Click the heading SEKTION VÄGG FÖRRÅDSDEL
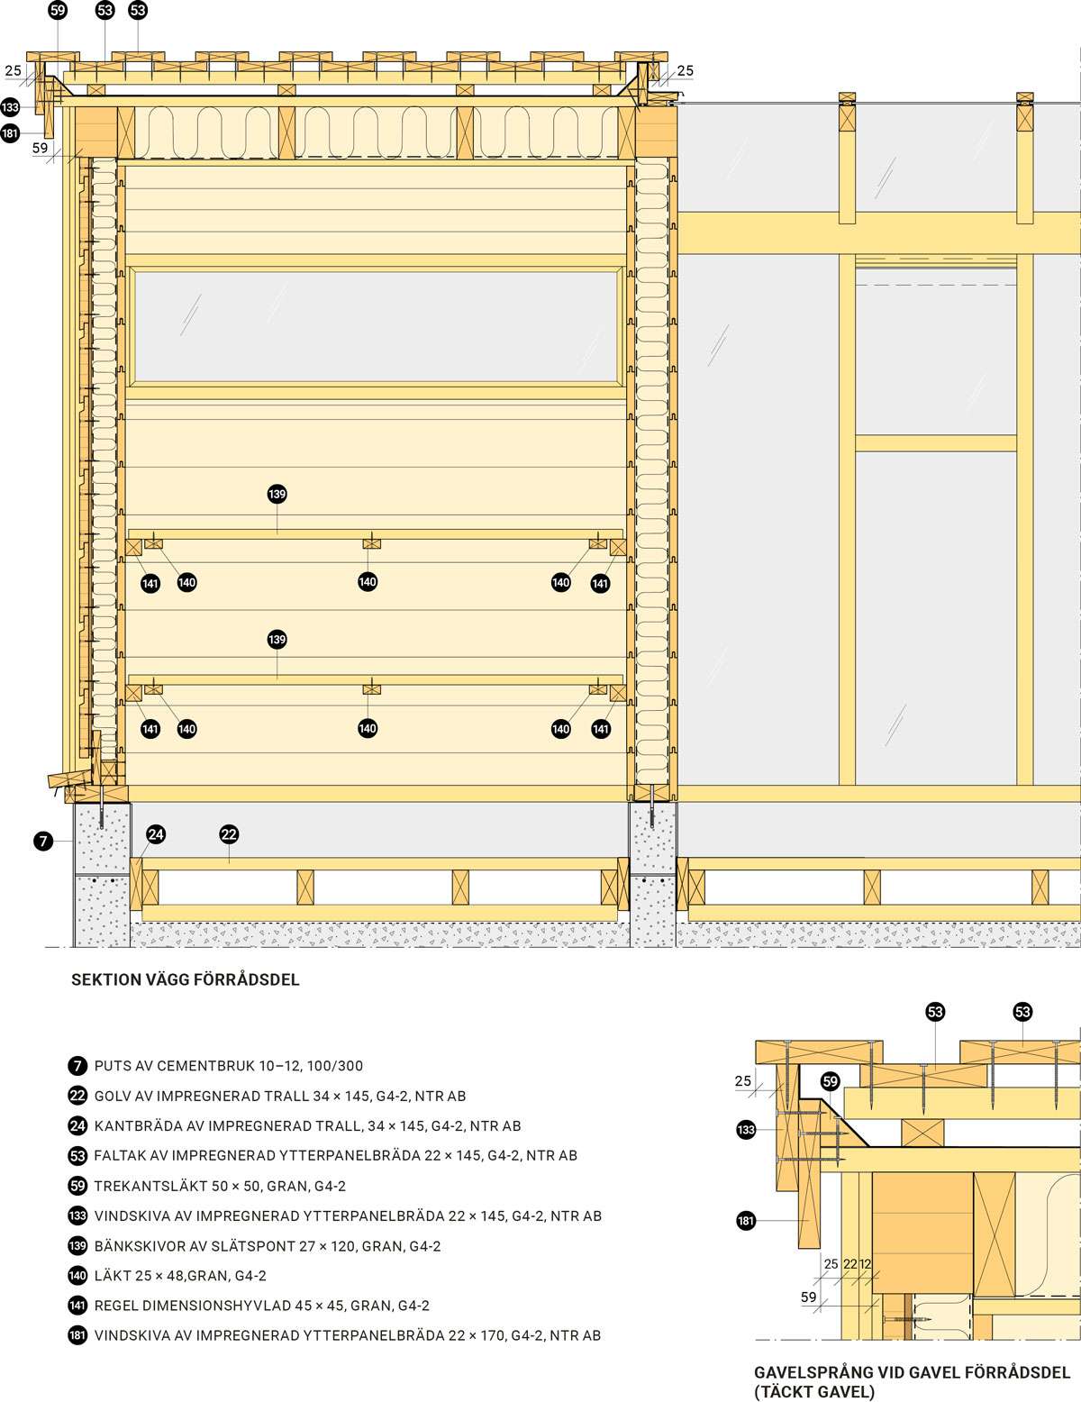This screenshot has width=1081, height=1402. pyautogui.click(x=185, y=979)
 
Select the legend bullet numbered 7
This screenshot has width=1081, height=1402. pyautogui.click(x=77, y=1065)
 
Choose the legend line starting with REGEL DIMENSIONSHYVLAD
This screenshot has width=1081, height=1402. pyautogui.click(x=262, y=1306)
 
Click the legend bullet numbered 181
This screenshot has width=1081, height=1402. pyautogui.click(x=77, y=1335)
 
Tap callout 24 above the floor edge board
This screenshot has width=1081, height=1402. pyautogui.click(x=156, y=834)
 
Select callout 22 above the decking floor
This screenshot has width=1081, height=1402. pyautogui.click(x=229, y=834)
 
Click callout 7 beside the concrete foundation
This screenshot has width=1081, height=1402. pyautogui.click(x=43, y=841)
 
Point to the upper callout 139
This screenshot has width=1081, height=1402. pyautogui.click(x=277, y=495)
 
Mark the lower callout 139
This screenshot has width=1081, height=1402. pyautogui.click(x=277, y=640)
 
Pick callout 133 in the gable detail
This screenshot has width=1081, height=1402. pyautogui.click(x=746, y=1130)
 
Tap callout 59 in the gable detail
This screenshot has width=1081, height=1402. pyautogui.click(x=830, y=1081)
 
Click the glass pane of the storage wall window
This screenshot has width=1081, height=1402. pyautogui.click(x=377, y=326)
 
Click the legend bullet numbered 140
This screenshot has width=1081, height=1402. pyautogui.click(x=77, y=1276)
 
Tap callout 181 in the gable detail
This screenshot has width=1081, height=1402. pyautogui.click(x=746, y=1221)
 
